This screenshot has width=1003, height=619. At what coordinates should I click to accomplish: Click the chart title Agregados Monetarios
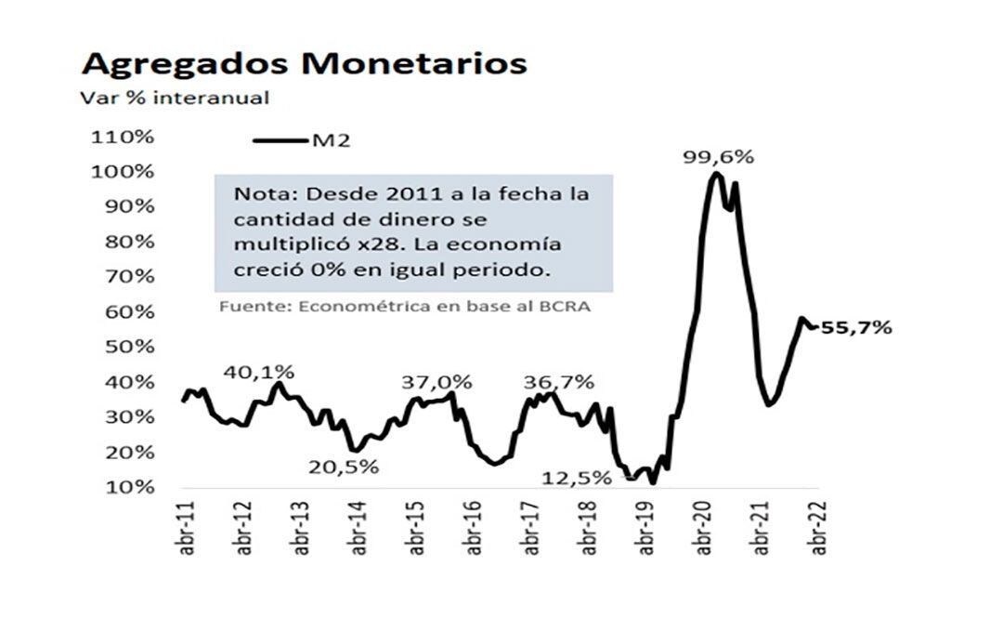[305, 63]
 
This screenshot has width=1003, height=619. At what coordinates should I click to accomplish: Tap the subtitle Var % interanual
[175, 98]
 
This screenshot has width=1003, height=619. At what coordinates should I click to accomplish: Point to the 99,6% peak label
[719, 157]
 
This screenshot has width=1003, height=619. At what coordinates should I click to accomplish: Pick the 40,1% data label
[259, 372]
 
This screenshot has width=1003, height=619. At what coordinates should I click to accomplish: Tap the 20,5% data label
[344, 468]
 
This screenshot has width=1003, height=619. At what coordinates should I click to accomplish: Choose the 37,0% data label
[436, 382]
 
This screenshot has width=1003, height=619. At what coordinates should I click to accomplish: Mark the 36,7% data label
[559, 382]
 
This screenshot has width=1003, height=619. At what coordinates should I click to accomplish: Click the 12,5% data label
[578, 479]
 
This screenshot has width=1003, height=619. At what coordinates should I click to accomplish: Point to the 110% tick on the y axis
[122, 137]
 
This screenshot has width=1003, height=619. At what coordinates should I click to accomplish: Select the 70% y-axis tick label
[126, 276]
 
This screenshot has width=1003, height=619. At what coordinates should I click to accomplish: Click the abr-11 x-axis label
[187, 531]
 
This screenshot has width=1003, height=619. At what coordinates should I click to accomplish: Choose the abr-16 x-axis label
[474, 531]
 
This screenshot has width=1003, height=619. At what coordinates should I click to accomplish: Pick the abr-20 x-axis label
[703, 531]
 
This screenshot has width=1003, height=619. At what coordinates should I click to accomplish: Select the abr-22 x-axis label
[818, 531]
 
